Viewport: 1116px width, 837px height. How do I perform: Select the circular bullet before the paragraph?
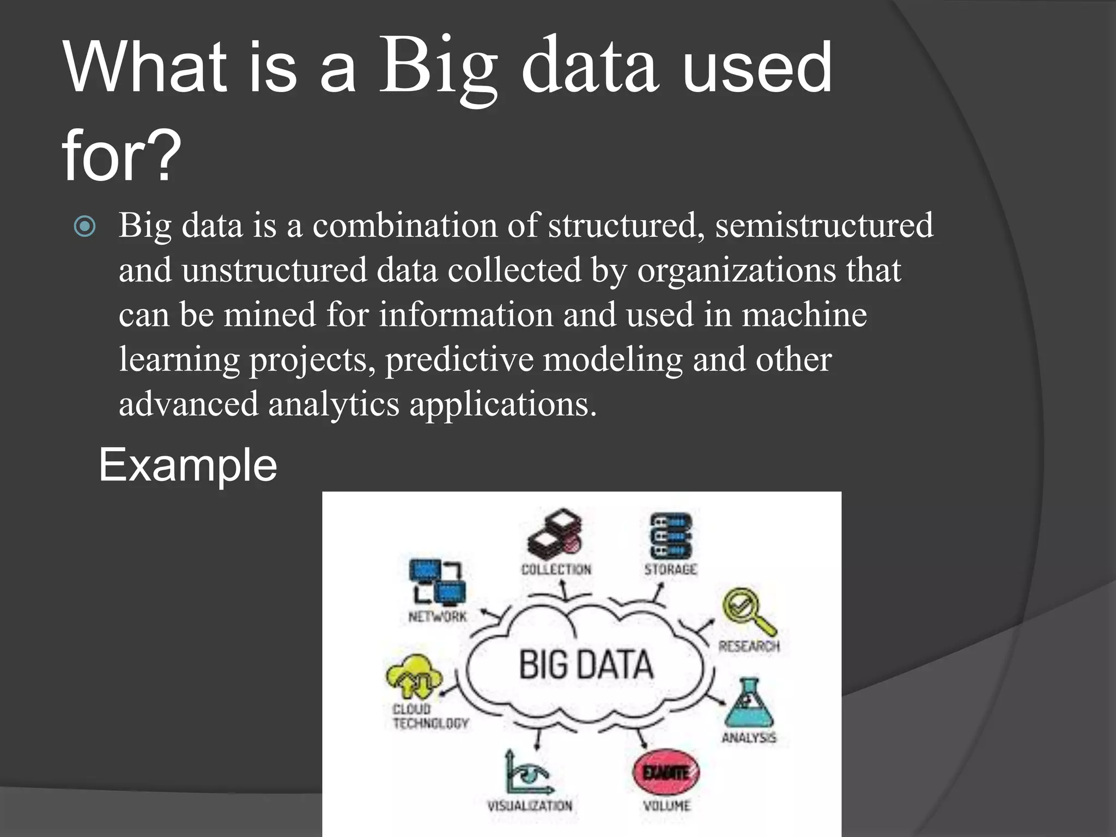pyautogui.click(x=85, y=226)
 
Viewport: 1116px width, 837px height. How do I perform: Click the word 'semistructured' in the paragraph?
pyautogui.click(x=824, y=225)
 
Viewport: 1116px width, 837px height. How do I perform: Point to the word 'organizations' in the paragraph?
pyautogui.click(x=736, y=270)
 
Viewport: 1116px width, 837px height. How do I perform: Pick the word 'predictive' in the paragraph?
pyautogui.click(x=459, y=360)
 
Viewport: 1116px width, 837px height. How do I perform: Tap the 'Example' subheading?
pyautogui.click(x=187, y=465)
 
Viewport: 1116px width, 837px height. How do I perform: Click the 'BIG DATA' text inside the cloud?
pyautogui.click(x=585, y=664)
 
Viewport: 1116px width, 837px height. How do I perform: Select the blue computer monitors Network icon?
pyautogui.click(x=438, y=582)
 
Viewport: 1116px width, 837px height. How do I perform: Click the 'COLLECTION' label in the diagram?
pyautogui.click(x=556, y=569)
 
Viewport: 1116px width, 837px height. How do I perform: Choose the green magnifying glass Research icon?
pyautogui.click(x=748, y=610)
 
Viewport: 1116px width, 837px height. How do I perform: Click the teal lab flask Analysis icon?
pyautogui.click(x=749, y=703)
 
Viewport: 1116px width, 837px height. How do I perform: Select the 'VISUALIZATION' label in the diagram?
pyautogui.click(x=530, y=805)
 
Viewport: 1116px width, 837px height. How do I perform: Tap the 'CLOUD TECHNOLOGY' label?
pyautogui.click(x=430, y=716)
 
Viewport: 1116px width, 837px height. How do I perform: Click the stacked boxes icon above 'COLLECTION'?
pyautogui.click(x=555, y=531)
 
